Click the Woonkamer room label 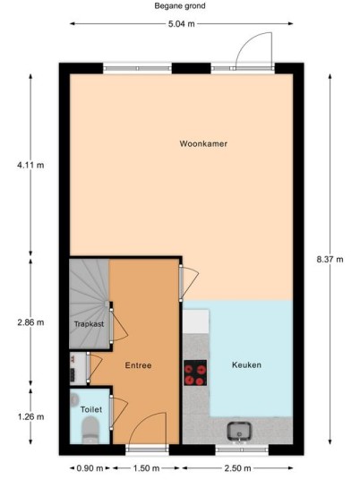pos(203,143)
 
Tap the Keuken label pos(246,364)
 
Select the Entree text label pos(138,365)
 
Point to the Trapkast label pos(89,324)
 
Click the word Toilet pos(91,409)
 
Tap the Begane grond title pos(180,5)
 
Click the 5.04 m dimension pos(181,24)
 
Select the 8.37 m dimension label pos(330,260)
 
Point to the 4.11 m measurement pos(30,166)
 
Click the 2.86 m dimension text pos(30,322)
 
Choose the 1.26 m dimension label pos(30,416)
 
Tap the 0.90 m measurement pos(90,468)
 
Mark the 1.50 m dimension pos(146,468)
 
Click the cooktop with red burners pos(195,373)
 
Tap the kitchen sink pos(239,432)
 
